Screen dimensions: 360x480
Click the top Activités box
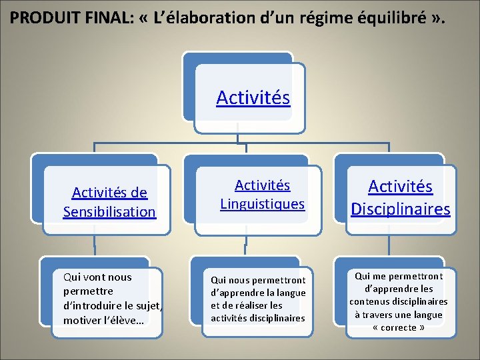pyautogui.click(x=253, y=98)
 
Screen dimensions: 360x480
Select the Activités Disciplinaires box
pyautogui.click(x=401, y=198)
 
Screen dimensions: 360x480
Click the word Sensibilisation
pyautogui.click(x=109, y=212)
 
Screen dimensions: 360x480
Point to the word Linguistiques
pyautogui.click(x=262, y=203)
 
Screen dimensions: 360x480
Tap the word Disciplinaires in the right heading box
pyautogui.click(x=401, y=209)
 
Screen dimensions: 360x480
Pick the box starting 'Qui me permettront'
pyautogui.click(x=399, y=301)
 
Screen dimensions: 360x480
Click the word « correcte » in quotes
pyautogui.click(x=399, y=327)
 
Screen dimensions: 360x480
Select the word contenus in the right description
pyautogui.click(x=369, y=301)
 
